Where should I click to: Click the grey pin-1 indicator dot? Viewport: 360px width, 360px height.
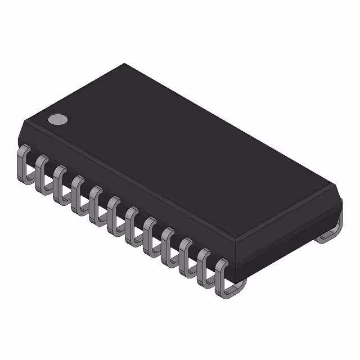[x=57, y=119]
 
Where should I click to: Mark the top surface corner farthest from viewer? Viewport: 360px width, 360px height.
[x=125, y=64]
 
